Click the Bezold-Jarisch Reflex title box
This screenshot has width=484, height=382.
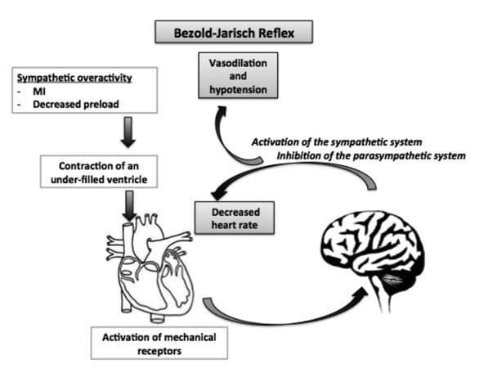tap(234, 32)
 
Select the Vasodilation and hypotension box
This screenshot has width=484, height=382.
tap(238, 75)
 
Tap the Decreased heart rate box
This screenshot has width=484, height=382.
tap(235, 218)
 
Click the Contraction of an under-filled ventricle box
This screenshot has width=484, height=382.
tap(99, 172)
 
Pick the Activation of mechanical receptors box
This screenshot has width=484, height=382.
tap(159, 343)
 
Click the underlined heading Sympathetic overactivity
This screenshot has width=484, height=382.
tap(74, 78)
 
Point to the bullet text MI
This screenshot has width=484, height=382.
tap(39, 92)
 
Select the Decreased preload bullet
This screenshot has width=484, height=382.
tap(76, 105)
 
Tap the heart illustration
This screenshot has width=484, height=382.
tap(150, 268)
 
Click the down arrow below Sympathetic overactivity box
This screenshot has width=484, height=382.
tap(128, 132)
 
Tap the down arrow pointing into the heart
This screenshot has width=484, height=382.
tap(130, 205)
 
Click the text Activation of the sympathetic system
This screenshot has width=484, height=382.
tap(337, 142)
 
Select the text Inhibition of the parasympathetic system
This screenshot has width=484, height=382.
tap(371, 155)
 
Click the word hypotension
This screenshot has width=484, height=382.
tap(238, 90)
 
